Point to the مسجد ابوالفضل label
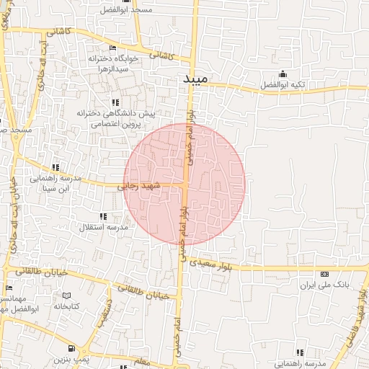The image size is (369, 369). pyautogui.click(x=147, y=10)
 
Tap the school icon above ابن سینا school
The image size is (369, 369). pyautogui.click(x=56, y=167)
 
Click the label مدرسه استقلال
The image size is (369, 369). pyautogui.click(x=104, y=227)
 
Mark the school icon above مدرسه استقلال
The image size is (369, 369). pyautogui.click(x=103, y=216)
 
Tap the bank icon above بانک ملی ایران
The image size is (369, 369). pyautogui.click(x=324, y=275)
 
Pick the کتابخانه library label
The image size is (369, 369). pyautogui.click(x=66, y=306)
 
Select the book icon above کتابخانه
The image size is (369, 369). pyautogui.click(x=67, y=295)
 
